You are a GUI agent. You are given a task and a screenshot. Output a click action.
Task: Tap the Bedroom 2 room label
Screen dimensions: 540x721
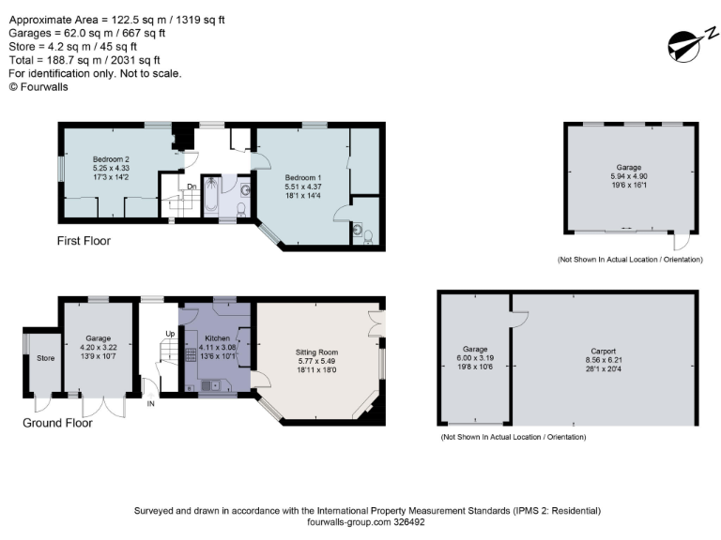click(x=111, y=158)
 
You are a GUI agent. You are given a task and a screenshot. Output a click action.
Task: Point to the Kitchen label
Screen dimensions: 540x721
click(x=218, y=337)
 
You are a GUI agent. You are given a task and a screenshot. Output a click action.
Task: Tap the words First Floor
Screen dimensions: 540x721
click(x=84, y=241)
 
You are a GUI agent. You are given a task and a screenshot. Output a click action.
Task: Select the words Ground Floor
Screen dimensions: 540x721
click(x=57, y=423)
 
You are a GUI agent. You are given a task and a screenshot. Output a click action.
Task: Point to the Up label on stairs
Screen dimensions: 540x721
click(x=170, y=334)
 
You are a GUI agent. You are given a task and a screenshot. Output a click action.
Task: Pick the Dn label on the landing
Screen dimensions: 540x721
click(x=191, y=187)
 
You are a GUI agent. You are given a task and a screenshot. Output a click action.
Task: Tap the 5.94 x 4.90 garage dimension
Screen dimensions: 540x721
click(x=629, y=175)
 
